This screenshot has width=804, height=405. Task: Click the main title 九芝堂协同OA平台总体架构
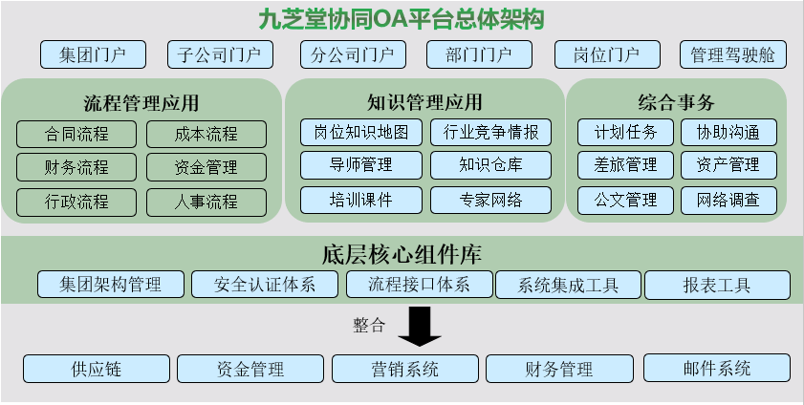click(x=401, y=20)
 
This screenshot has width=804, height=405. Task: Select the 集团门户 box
click(x=94, y=54)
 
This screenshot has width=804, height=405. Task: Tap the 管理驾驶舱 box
click(x=733, y=54)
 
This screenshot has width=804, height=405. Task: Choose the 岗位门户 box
click(x=607, y=54)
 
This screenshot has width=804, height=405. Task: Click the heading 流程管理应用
click(x=141, y=103)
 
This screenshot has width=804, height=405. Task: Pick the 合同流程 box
click(x=76, y=134)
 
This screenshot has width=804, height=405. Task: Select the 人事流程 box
click(x=206, y=202)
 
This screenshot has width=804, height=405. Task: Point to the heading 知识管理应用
click(x=424, y=102)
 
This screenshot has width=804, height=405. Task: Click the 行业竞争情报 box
click(x=491, y=132)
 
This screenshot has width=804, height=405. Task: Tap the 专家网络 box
click(x=491, y=200)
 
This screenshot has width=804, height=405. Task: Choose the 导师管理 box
click(x=361, y=165)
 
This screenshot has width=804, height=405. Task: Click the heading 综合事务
click(x=676, y=102)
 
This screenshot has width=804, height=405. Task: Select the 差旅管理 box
click(x=625, y=165)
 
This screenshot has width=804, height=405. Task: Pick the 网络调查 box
click(x=728, y=201)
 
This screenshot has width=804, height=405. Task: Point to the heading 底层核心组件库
click(x=402, y=254)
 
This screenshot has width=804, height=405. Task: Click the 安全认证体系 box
click(x=265, y=284)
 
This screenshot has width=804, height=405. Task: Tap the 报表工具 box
click(x=717, y=286)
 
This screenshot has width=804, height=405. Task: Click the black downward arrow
click(x=420, y=327)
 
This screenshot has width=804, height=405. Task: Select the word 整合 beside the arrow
click(x=369, y=325)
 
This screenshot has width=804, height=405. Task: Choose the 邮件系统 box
click(x=717, y=368)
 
